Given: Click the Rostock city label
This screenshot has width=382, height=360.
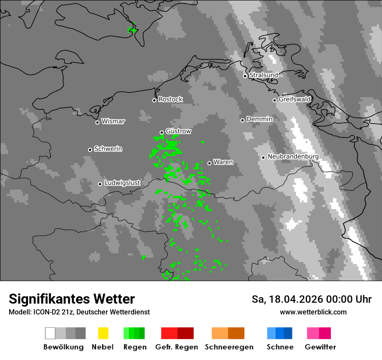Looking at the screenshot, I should pyautogui.click(x=170, y=99).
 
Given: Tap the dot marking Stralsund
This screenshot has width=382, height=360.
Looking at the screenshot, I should pyautogui.click(x=245, y=76).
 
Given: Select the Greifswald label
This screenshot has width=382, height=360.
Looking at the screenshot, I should pyautogui.click(x=294, y=99).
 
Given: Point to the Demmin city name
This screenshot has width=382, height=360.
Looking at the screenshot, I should pyautogui.click(x=259, y=119).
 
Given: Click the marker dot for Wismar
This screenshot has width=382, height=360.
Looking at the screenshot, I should pyautogui.click(x=97, y=122).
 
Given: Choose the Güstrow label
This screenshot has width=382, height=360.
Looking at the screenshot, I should pyautogui.click(x=178, y=131).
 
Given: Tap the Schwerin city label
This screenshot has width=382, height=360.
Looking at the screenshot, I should pyautogui.click(x=108, y=149).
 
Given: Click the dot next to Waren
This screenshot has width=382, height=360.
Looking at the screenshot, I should pyautogui.click(x=209, y=163).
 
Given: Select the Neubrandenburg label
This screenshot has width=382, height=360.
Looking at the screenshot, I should pyautogui.click(x=293, y=157).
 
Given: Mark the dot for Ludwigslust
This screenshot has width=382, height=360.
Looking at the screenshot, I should pyautogui.click(x=100, y=184).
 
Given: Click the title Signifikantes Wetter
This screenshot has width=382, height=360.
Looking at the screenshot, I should pyautogui.click(x=72, y=299).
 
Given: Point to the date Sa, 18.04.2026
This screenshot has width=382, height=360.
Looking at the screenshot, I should pyautogui.click(x=286, y=299).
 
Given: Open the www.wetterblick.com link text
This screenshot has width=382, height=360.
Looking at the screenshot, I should pyautogui.click(x=313, y=312).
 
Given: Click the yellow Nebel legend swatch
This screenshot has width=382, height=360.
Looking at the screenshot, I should pyautogui.click(x=103, y=333).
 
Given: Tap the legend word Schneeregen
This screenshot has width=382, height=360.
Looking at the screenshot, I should pyautogui.click(x=229, y=347).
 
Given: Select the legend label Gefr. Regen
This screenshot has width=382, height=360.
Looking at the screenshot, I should pyautogui.click(x=176, y=347).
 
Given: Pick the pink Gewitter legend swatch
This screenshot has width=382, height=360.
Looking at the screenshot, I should pyautogui.click(x=313, y=333).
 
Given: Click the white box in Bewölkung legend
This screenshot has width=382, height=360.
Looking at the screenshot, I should pyautogui.click(x=50, y=333).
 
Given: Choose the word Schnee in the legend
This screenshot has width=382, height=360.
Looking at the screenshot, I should pyautogui.click(x=280, y=347).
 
